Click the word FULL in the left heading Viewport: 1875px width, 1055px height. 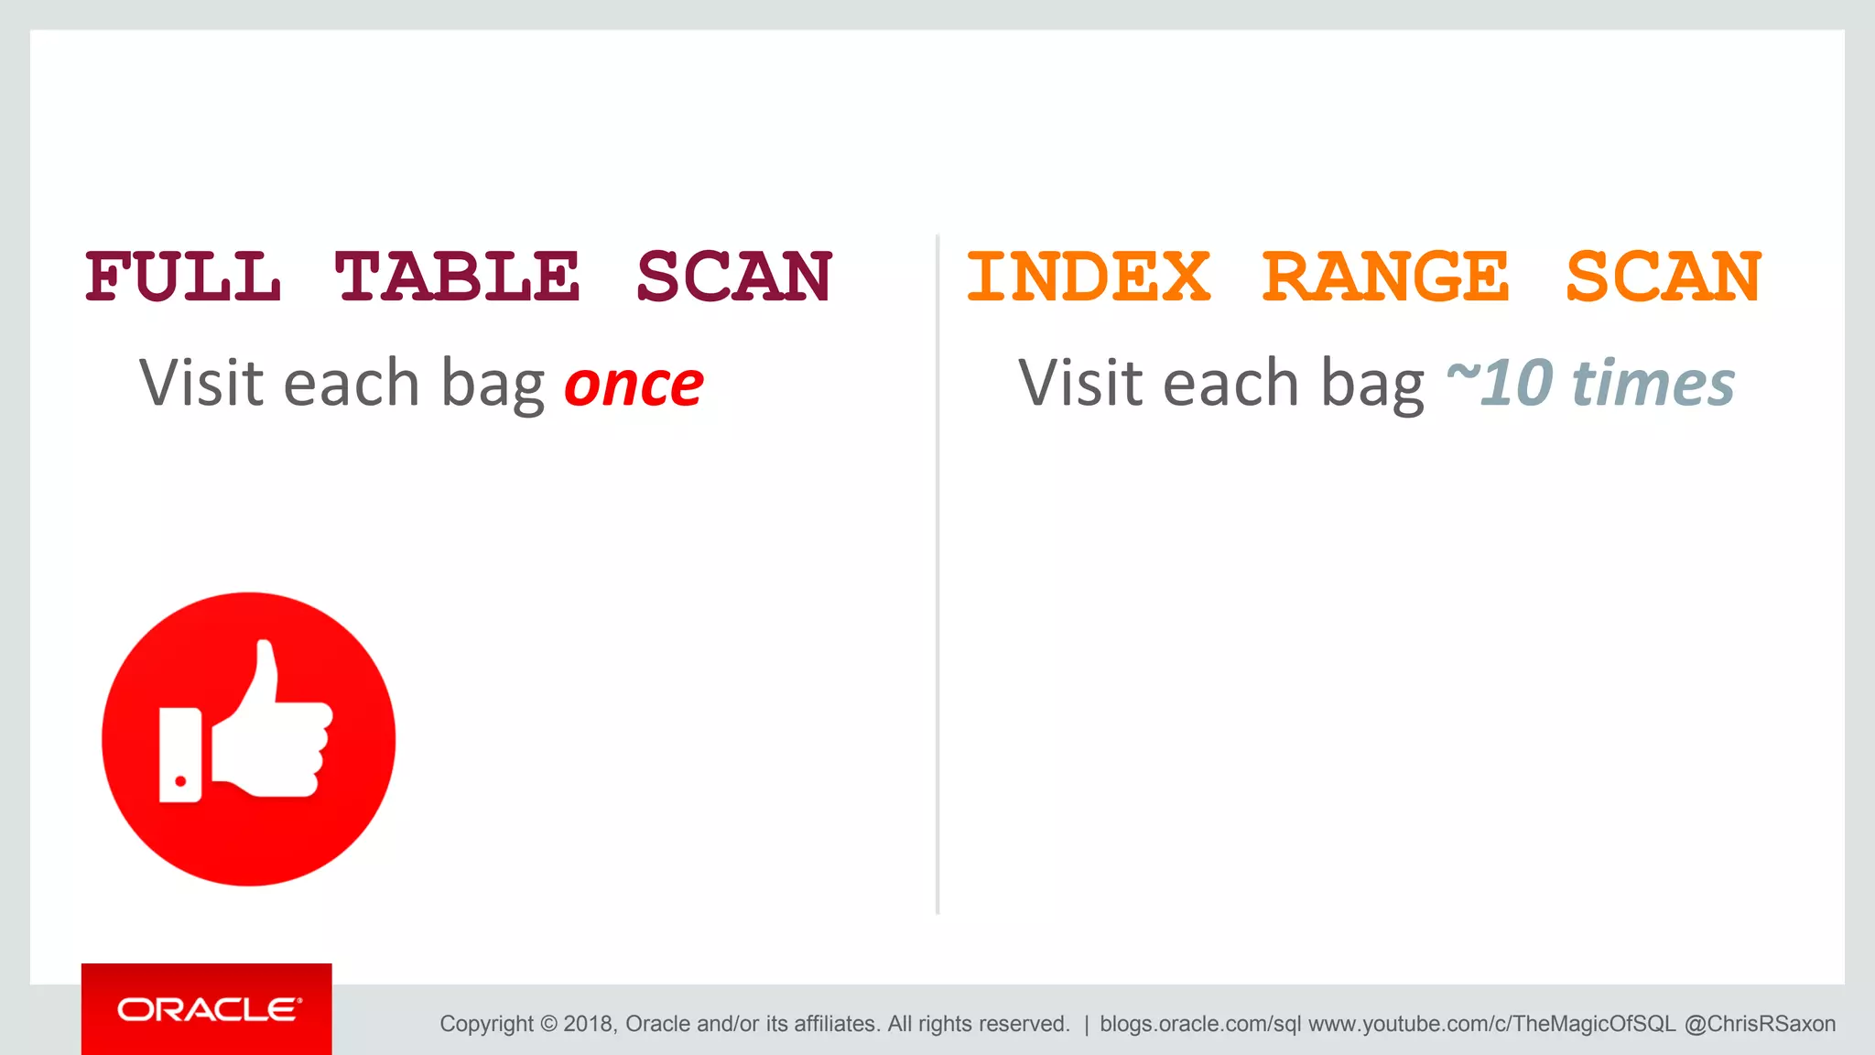(x=183, y=277)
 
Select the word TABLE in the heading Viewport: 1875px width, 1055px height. (x=457, y=277)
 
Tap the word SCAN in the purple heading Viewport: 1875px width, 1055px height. (x=734, y=277)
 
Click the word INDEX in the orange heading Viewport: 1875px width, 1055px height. (x=1089, y=277)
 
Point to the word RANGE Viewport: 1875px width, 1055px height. (x=1385, y=277)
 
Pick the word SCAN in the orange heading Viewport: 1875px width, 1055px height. (x=1664, y=277)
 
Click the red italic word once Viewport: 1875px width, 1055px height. (x=634, y=384)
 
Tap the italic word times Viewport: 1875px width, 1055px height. (x=1653, y=382)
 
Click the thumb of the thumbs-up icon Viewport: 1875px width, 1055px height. (x=263, y=678)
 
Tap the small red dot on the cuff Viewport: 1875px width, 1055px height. (x=180, y=781)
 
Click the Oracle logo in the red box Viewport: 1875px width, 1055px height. (x=208, y=1009)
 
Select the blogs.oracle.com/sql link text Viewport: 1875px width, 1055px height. (x=1199, y=1024)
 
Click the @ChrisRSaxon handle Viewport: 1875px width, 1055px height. (x=1760, y=1024)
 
